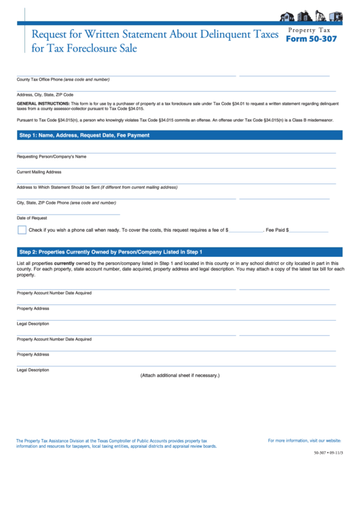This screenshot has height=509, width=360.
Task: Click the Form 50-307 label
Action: point(310,39)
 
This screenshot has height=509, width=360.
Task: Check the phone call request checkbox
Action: point(22,230)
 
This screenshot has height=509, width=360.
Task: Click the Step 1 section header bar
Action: point(177,135)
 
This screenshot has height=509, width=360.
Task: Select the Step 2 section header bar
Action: point(177,251)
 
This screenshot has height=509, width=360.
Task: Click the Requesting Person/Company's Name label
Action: point(52,156)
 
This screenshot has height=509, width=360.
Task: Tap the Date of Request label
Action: point(32,217)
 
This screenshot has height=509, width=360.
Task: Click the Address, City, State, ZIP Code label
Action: point(45,94)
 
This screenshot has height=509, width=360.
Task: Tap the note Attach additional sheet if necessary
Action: point(180,375)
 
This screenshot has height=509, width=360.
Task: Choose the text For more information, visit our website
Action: point(304,440)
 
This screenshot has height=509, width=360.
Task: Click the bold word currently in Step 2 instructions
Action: point(64,263)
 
